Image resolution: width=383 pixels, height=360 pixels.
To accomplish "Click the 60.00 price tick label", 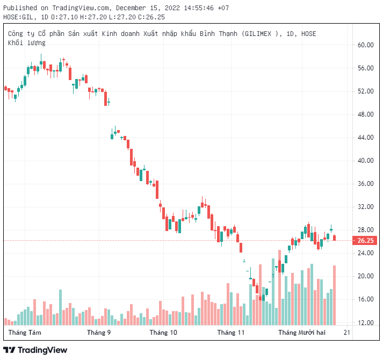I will (x=366, y=45).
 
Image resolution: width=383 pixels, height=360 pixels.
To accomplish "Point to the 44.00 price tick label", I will (x=366, y=138).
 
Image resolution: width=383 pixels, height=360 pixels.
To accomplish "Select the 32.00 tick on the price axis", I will (x=366, y=207).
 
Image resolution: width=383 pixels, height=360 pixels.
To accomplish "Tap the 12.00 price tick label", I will (x=366, y=322).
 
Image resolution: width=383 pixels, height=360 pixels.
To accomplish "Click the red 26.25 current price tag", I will (x=365, y=241).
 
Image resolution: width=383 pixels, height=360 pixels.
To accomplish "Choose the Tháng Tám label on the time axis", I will (x=25, y=333).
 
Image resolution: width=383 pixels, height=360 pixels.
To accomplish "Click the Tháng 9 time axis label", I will (x=99, y=333).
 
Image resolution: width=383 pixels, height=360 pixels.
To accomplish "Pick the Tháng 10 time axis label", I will (x=163, y=333).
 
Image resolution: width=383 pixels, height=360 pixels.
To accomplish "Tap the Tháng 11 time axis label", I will (x=230, y=333).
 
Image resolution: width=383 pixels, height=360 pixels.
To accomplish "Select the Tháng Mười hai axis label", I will (x=302, y=333).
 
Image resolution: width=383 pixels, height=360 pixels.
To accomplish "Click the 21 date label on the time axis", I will (x=346, y=333).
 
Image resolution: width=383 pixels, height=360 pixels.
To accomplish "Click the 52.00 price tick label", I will (x=366, y=91).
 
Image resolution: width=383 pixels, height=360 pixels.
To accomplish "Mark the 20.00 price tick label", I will (x=366, y=276).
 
